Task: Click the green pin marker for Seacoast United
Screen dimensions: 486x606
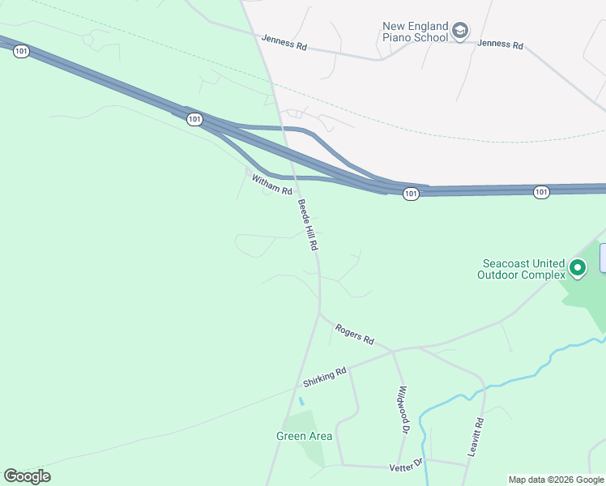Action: pyautogui.click(x=578, y=266)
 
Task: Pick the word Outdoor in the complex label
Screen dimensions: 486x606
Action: pyautogui.click(x=498, y=275)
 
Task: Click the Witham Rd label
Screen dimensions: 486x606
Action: pyautogui.click(x=271, y=185)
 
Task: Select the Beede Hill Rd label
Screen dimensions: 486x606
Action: pyautogui.click(x=306, y=224)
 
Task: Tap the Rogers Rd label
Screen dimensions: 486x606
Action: pyautogui.click(x=355, y=333)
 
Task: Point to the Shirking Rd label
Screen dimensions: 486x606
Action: pyautogui.click(x=325, y=377)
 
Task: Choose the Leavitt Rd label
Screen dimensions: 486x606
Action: pyautogui.click(x=476, y=437)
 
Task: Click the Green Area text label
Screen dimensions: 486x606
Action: pyautogui.click(x=304, y=436)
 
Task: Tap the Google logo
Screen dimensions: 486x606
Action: pyautogui.click(x=27, y=475)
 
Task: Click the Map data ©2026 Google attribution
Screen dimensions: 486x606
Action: pyautogui.click(x=556, y=480)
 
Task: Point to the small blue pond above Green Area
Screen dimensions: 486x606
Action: pyautogui.click(x=301, y=401)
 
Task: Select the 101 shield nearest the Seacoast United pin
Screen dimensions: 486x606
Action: pyautogui.click(x=541, y=192)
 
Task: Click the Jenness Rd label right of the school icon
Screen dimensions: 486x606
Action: pyautogui.click(x=500, y=45)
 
